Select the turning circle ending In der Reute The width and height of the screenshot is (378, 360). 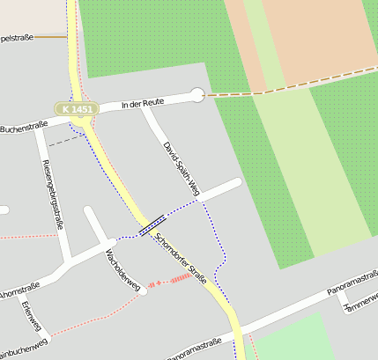(196, 94)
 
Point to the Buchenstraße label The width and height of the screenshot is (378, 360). (24, 129)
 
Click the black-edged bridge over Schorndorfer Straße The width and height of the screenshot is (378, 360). (152, 226)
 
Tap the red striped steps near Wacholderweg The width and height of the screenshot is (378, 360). (179, 278)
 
